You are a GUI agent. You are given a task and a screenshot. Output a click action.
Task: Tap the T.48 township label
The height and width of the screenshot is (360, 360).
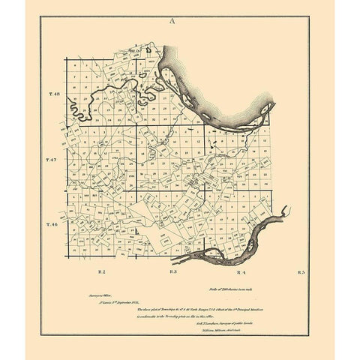point(52,94)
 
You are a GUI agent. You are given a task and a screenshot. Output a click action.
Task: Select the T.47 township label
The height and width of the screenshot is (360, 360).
point(52,160)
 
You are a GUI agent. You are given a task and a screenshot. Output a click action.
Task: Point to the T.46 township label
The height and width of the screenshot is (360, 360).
point(52,225)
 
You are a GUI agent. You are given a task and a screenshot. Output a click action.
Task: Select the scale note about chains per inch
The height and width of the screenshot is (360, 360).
point(238,288)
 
